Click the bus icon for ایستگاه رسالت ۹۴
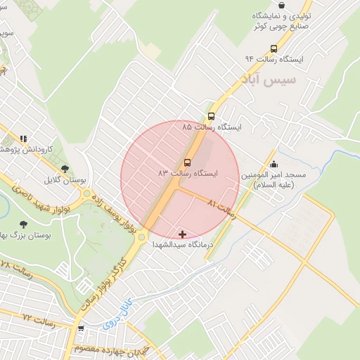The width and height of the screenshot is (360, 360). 274,49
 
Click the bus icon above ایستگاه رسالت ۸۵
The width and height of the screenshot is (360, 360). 212,116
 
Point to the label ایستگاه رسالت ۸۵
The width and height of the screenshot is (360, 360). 211,127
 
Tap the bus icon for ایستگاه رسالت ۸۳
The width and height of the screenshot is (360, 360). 186,162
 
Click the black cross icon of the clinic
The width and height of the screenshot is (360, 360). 183,233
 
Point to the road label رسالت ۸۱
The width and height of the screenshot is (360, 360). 223,209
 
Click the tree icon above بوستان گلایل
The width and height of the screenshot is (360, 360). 65,169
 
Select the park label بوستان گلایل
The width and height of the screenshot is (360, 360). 65,180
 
